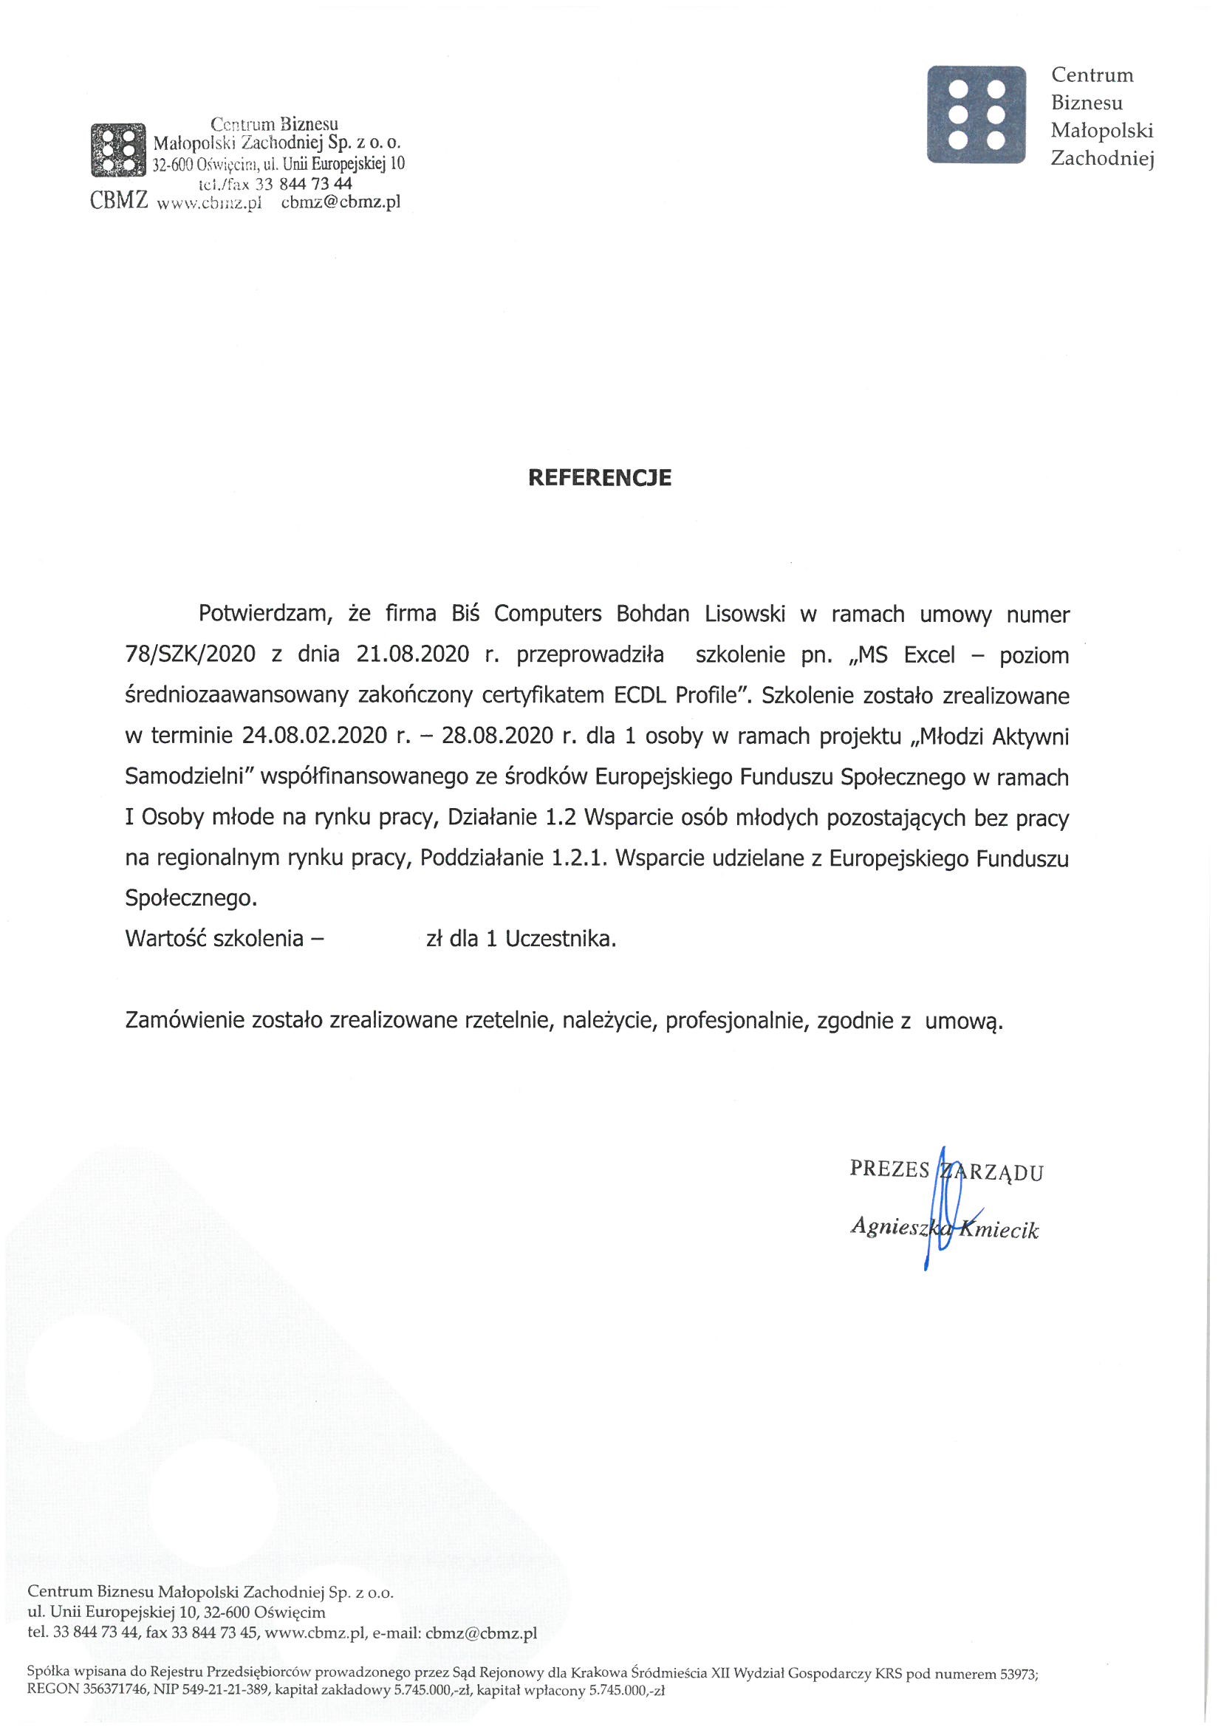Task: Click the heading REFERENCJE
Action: pos(600,478)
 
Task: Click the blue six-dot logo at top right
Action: pos(977,114)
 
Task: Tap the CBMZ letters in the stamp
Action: pos(118,201)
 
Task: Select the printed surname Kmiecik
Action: pos(1001,1230)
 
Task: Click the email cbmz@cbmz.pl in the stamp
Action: pos(340,202)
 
